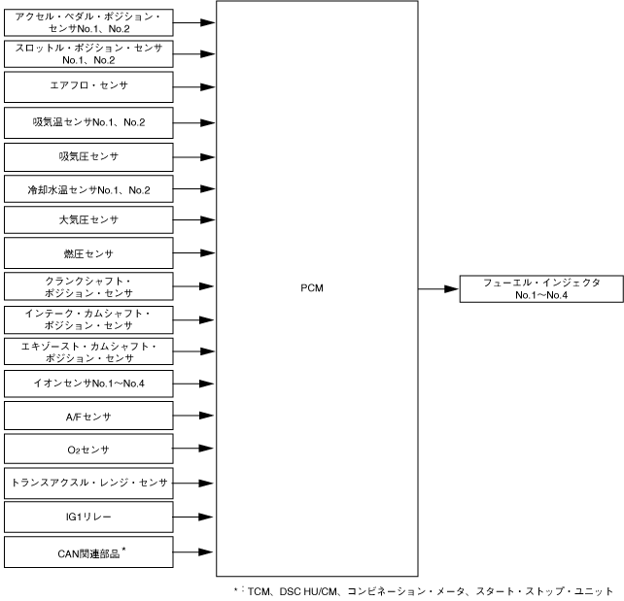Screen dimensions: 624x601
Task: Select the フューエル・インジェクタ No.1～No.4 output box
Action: [541, 288]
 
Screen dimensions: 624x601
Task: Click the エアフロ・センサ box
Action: [88, 85]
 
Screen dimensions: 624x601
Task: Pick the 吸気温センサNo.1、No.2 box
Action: [88, 121]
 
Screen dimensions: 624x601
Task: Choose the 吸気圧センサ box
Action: [88, 155]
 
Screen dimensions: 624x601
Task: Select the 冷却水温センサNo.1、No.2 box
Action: [88, 189]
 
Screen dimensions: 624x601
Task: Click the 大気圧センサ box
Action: [88, 220]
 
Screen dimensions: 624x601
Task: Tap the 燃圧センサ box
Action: [88, 253]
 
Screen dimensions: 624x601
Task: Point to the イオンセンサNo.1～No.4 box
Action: [88, 384]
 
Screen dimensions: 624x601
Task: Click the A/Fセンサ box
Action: [88, 417]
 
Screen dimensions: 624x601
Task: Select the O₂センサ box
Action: [88, 450]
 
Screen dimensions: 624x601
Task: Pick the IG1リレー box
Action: [88, 517]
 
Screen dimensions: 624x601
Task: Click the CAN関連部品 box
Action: [88, 553]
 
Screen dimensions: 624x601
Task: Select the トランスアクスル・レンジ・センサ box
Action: [88, 483]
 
